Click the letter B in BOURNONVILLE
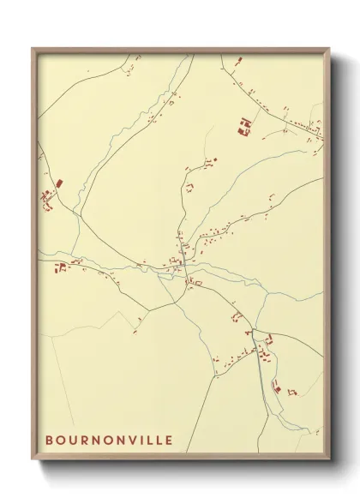click(x=50, y=441)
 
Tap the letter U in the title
click(x=75, y=441)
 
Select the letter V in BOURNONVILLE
click(x=127, y=441)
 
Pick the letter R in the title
click(x=88, y=441)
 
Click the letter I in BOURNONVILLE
click(x=138, y=441)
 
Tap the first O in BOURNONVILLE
click(x=62, y=441)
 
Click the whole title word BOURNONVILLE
click(x=109, y=441)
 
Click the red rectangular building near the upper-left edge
click(x=59, y=183)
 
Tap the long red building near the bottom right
click(x=276, y=387)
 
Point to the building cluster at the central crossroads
click(x=180, y=261)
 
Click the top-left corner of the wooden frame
click(x=33, y=48)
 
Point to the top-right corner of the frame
click(x=330, y=48)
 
